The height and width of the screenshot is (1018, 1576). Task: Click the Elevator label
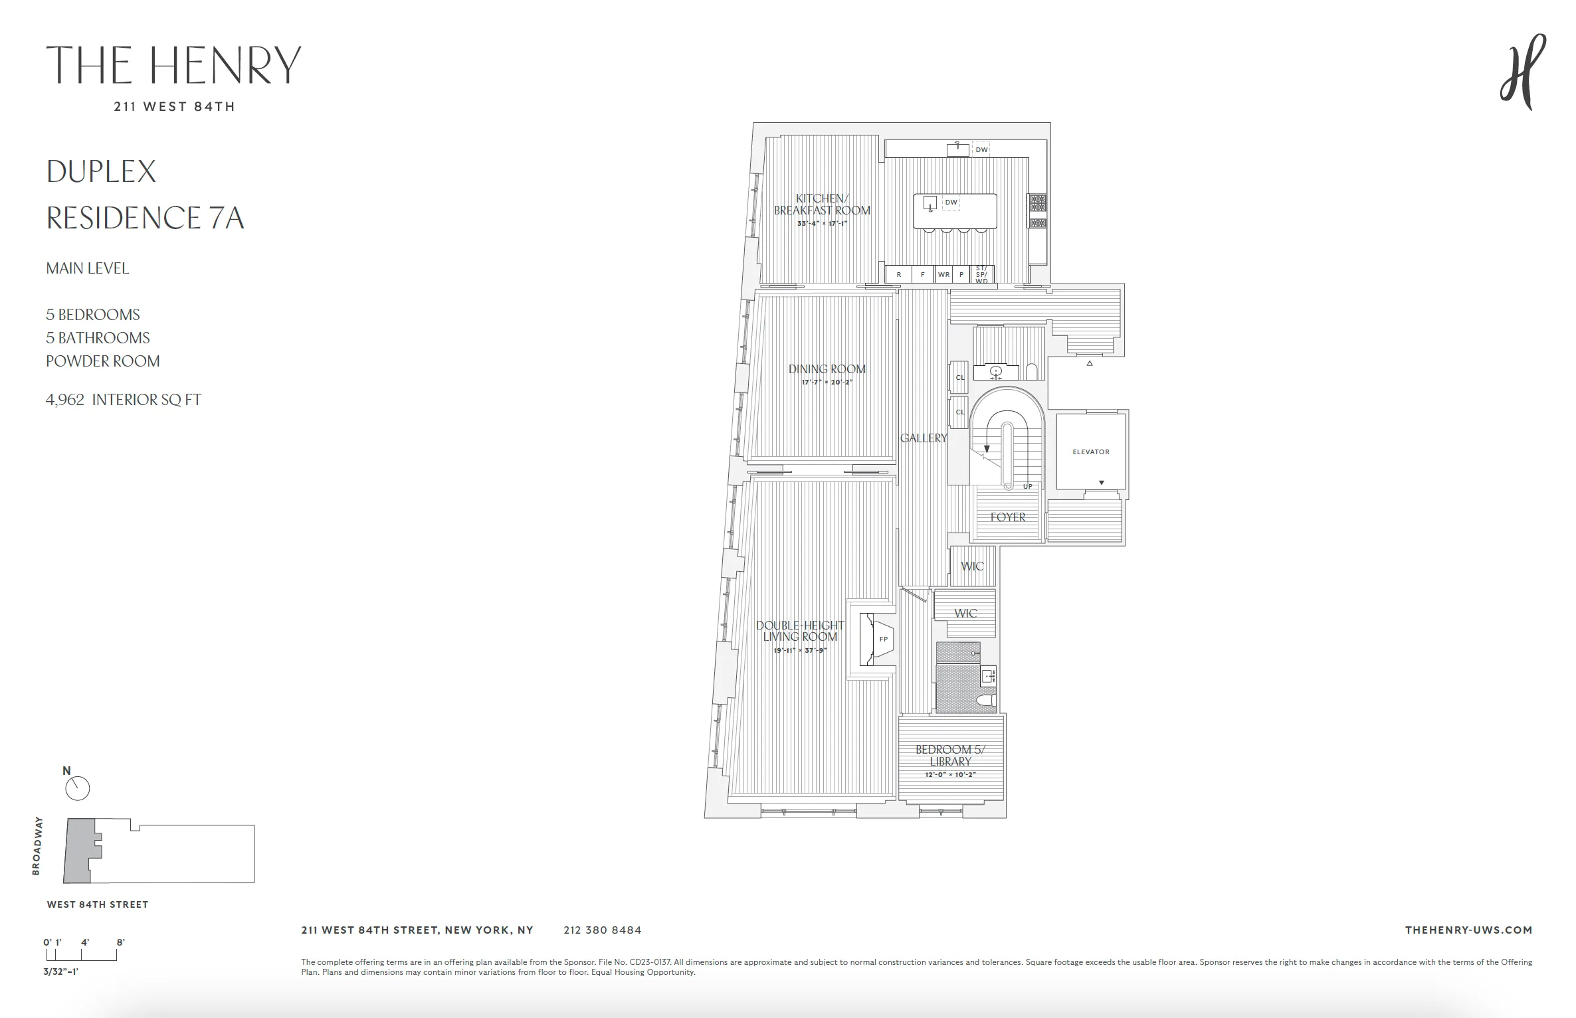click(1090, 452)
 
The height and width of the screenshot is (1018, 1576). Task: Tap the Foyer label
click(1007, 517)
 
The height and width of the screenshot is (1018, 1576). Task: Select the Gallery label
click(923, 438)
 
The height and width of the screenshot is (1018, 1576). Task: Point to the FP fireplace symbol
click(882, 639)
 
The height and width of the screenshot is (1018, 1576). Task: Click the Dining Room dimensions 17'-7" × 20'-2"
click(827, 382)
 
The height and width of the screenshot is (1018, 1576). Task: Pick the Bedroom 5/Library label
click(950, 755)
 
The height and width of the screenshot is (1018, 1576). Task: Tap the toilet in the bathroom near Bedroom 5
click(985, 700)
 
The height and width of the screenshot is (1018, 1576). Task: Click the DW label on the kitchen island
click(951, 203)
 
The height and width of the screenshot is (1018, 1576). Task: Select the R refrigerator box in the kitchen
click(898, 274)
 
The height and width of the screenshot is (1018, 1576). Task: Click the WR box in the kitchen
click(943, 274)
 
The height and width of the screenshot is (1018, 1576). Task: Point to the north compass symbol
click(77, 788)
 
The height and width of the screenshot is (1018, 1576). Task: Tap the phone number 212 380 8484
click(602, 930)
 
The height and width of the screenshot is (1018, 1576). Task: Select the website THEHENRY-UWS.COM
click(1468, 930)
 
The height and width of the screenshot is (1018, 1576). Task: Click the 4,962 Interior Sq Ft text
click(123, 400)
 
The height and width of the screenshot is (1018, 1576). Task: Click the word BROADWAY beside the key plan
click(37, 845)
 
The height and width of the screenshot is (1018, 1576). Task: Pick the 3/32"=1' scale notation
click(60, 971)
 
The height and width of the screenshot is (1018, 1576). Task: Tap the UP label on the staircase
click(1027, 487)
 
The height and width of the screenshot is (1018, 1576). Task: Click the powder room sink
click(995, 371)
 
